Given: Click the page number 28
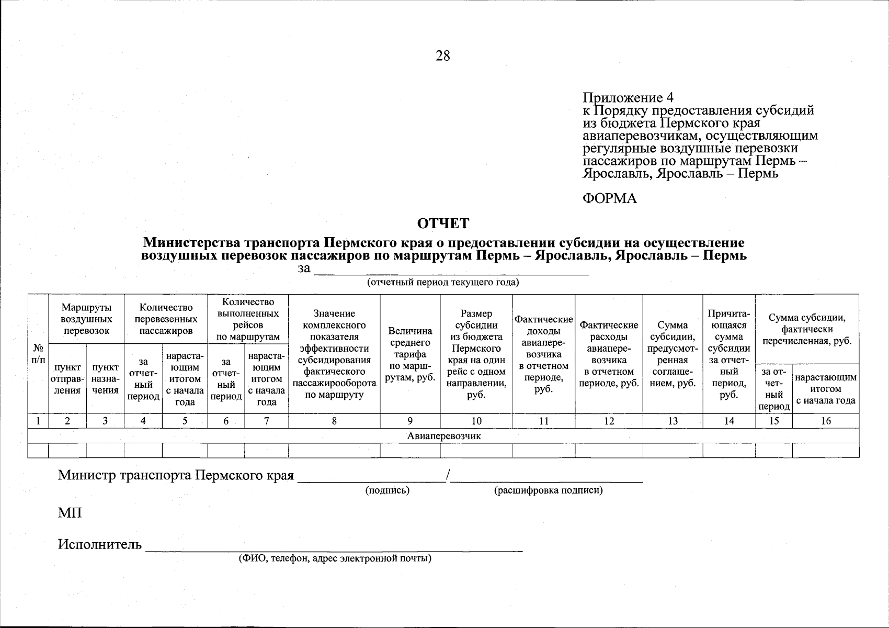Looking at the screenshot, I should [x=442, y=56].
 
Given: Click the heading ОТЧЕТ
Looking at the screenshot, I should [x=443, y=224].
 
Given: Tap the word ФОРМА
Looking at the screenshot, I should [x=610, y=198].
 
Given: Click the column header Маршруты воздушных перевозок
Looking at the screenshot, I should [x=86, y=319].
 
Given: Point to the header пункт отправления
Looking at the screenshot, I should [x=67, y=379].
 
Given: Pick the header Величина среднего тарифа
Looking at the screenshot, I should [x=410, y=354].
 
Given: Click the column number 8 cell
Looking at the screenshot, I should [x=334, y=421].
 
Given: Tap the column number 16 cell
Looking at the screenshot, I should [x=825, y=421].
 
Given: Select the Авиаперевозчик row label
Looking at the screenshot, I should [x=443, y=436].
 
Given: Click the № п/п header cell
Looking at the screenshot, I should [x=38, y=353].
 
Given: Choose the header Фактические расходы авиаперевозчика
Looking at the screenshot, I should [x=609, y=354].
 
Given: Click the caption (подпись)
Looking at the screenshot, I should [x=387, y=490].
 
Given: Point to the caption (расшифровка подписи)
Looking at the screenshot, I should [x=548, y=490].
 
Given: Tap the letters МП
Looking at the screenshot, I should [x=70, y=513].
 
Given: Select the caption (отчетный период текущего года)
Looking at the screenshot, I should [x=443, y=283].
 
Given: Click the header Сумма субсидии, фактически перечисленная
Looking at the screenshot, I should [x=807, y=329].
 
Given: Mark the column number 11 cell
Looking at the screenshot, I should [x=543, y=421].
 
